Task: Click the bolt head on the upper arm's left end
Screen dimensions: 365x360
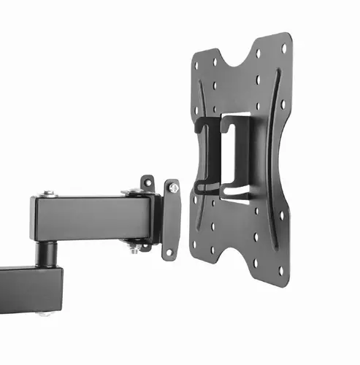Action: (47, 193)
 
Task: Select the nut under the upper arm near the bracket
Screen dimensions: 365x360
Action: (134, 251)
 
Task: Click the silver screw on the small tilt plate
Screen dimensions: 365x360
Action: (174, 189)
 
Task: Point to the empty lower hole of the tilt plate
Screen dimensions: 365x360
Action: (169, 252)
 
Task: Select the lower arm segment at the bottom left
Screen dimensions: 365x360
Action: (29, 288)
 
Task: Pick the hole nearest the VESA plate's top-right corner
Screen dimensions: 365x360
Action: (284, 49)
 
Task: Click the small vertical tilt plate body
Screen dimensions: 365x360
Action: (172, 219)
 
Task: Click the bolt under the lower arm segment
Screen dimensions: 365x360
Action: (48, 315)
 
